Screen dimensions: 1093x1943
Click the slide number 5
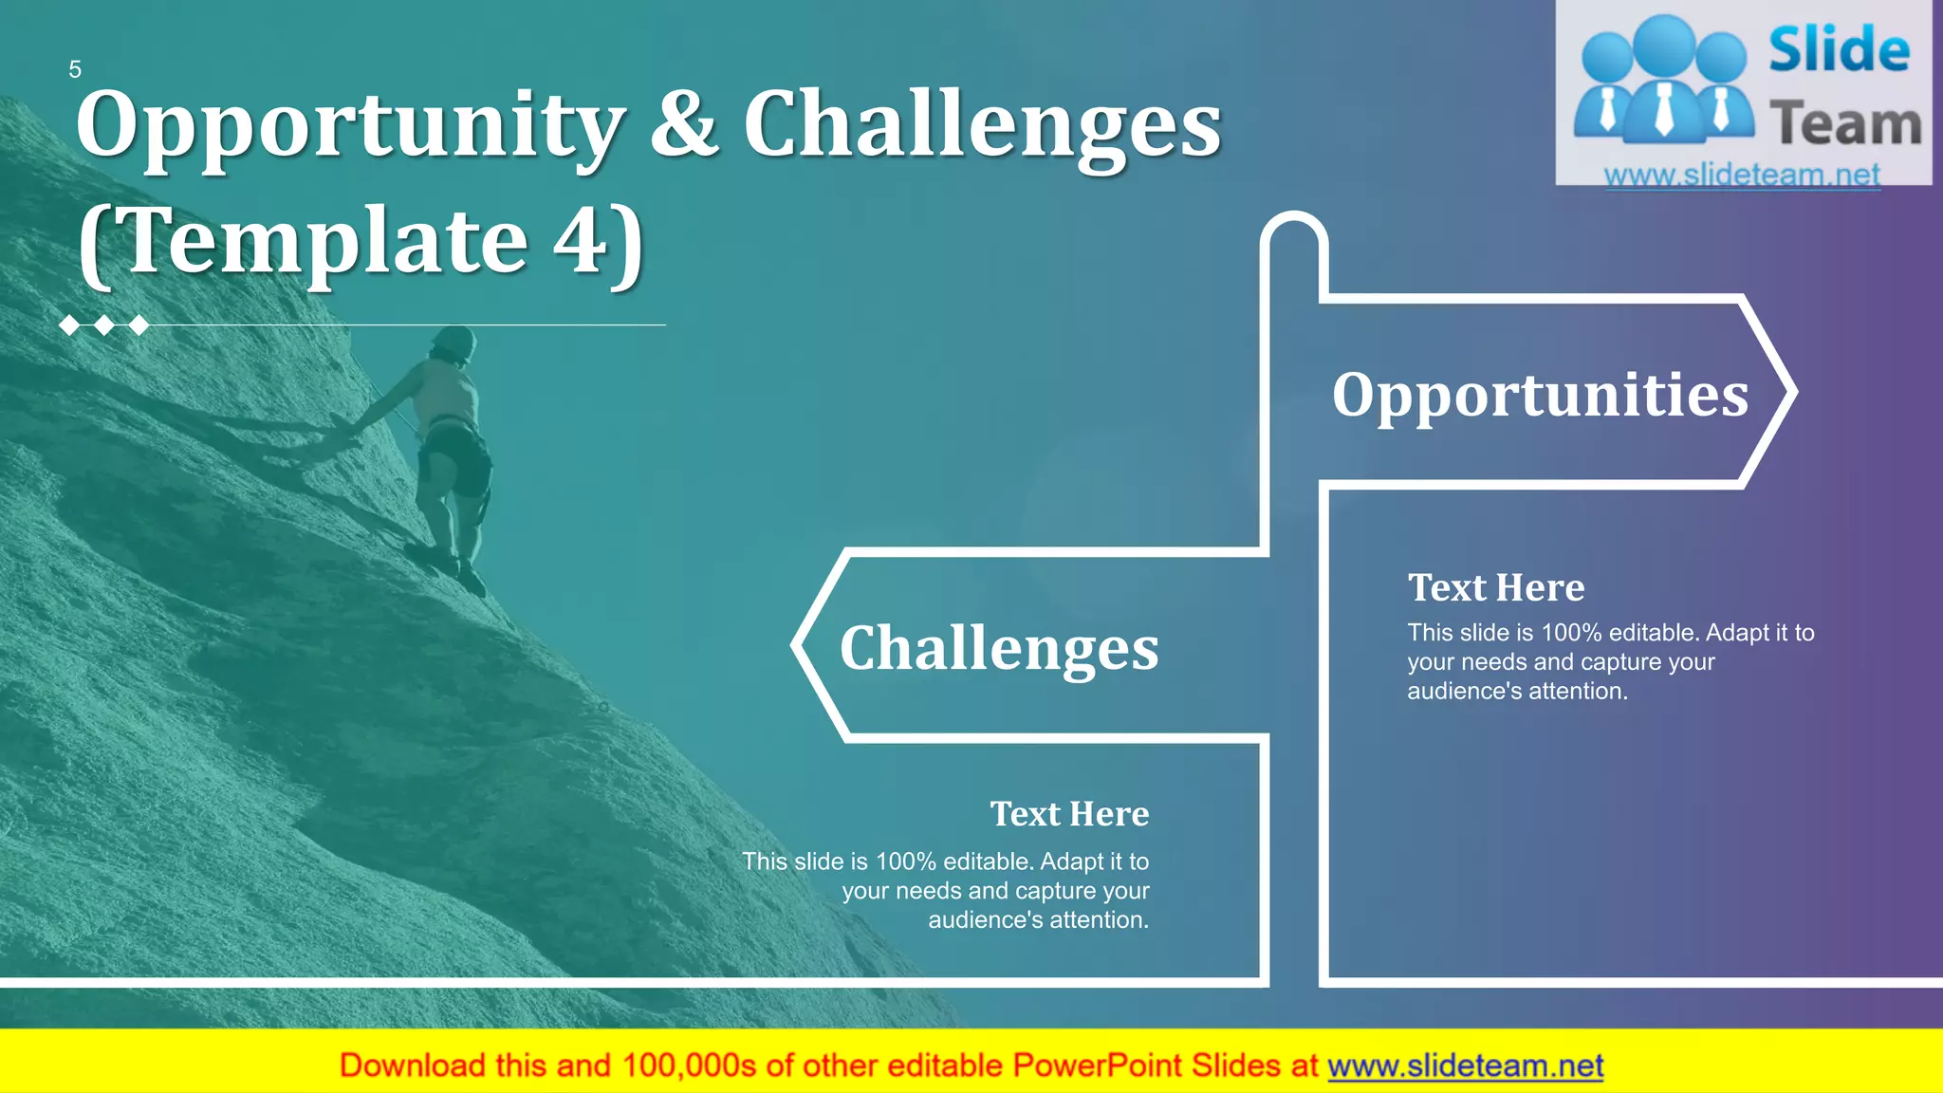point(75,69)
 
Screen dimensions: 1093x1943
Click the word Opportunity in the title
point(349,125)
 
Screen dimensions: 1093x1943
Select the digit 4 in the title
point(580,241)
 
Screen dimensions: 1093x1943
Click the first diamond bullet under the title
point(69,325)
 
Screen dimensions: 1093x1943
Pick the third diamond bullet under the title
point(139,325)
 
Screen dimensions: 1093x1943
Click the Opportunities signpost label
point(1539,395)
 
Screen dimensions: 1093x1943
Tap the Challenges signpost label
point(999,649)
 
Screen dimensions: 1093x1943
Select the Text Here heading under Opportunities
point(1495,588)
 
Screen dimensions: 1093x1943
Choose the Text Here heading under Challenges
point(1069,814)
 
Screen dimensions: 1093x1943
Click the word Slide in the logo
point(1839,49)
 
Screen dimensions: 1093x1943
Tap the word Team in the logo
point(1845,124)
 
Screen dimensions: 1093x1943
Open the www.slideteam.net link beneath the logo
point(1742,176)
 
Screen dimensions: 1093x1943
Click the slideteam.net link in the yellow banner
point(1465,1065)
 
